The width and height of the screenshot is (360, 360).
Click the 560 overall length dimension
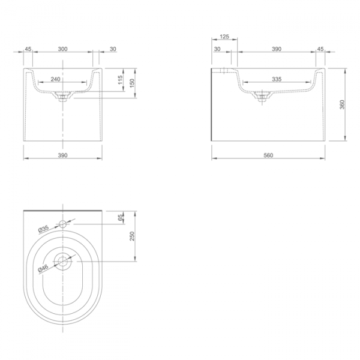pyautogui.click(x=268, y=155)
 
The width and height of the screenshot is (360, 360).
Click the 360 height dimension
pyautogui.click(x=342, y=104)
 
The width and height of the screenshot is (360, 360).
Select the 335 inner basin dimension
pyautogui.click(x=277, y=79)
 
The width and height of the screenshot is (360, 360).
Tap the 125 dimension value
pyautogui.click(x=224, y=37)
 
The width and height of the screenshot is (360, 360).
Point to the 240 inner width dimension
pyautogui.click(x=55, y=79)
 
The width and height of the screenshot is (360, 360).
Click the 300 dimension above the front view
pyautogui.click(x=62, y=49)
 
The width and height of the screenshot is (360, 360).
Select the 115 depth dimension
pyautogui.click(x=121, y=80)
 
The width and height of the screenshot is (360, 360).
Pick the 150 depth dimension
pyautogui.click(x=132, y=83)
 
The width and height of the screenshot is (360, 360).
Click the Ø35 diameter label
pyautogui.click(x=44, y=229)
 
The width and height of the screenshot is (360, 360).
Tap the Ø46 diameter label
pyautogui.click(x=43, y=269)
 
